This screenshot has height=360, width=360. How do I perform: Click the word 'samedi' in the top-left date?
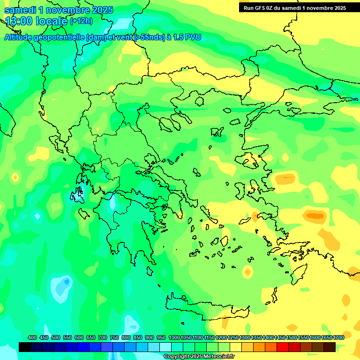click(21, 10)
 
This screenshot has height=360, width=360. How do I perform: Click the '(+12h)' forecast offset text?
click(81, 21)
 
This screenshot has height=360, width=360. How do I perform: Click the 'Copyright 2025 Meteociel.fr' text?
click(199, 357)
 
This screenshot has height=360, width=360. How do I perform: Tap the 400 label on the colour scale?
click(32, 338)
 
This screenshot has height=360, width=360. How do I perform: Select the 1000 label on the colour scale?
click(174, 338)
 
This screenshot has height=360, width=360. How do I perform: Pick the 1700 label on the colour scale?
click(338, 338)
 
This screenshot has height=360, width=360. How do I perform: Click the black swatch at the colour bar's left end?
click(25, 347)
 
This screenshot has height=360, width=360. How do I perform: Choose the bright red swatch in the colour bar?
click(283, 347)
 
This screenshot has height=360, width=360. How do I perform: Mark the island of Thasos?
click(199, 101)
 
